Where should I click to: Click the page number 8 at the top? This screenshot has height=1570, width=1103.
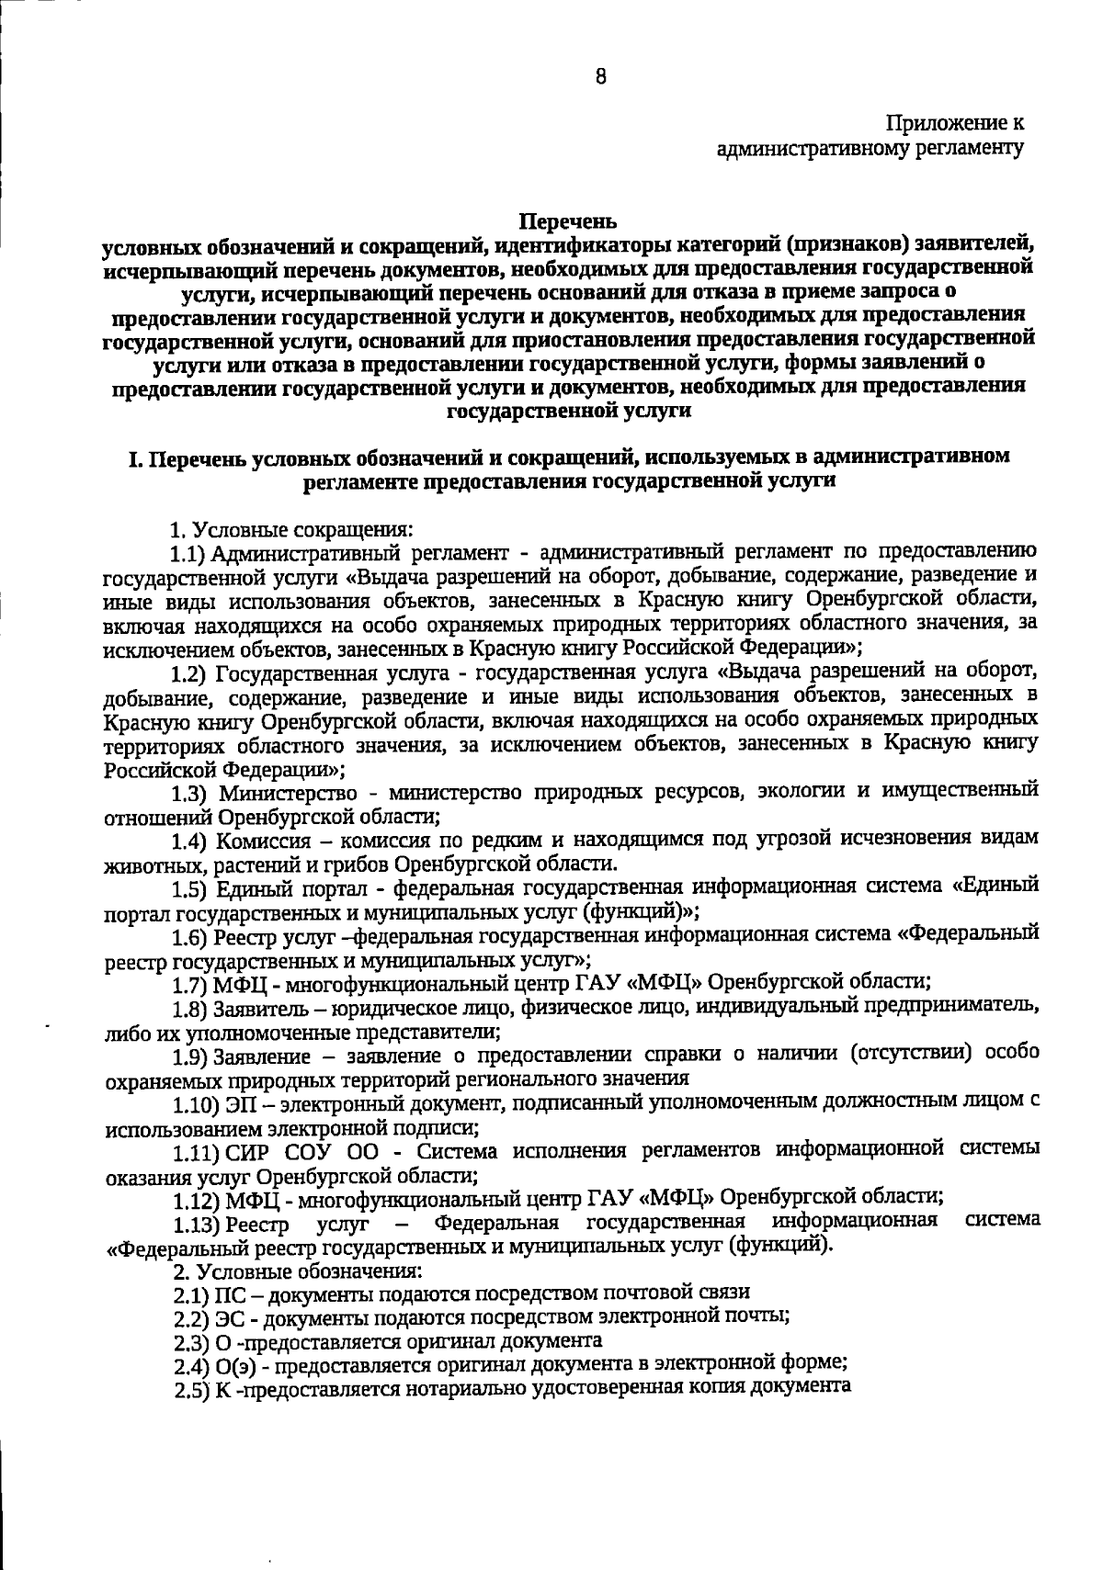pos(600,77)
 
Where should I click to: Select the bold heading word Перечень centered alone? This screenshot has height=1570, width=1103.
pos(568,221)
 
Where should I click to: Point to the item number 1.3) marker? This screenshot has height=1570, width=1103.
pos(191,792)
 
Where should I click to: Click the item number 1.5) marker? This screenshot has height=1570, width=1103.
pos(191,887)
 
